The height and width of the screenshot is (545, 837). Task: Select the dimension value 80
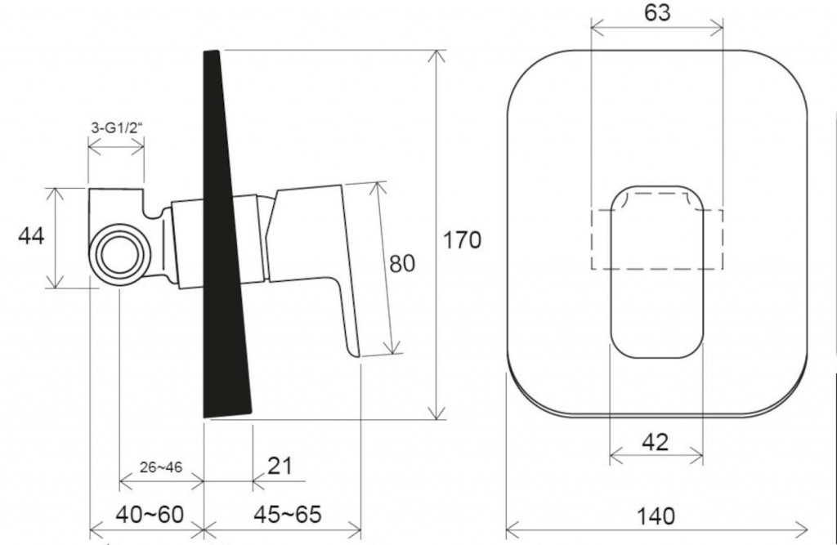402,264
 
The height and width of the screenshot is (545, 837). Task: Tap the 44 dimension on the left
31,235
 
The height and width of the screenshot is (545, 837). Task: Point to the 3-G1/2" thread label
116,127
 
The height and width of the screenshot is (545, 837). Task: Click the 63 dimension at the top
657,13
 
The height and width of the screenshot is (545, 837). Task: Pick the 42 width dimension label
656,442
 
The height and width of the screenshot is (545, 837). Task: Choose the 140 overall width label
656,516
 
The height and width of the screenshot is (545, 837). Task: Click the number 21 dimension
280,466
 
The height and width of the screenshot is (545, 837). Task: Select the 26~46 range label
161,467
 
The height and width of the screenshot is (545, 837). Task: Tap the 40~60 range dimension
150,515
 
